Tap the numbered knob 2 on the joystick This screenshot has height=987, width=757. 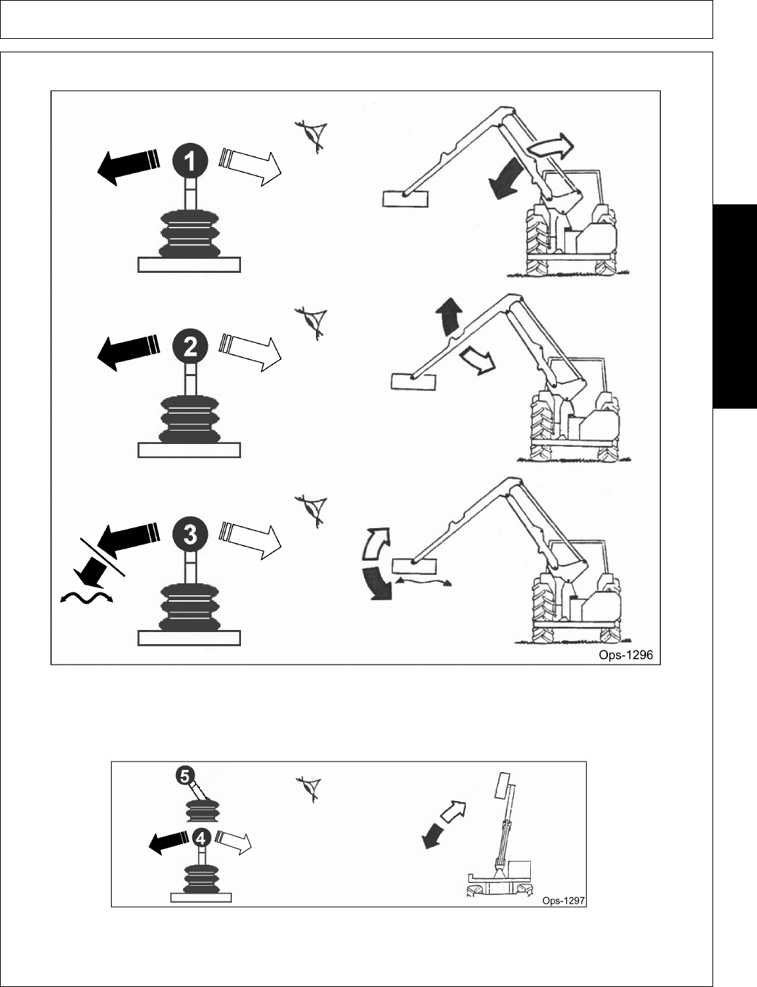tap(189, 346)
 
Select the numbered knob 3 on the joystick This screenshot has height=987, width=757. tap(189, 534)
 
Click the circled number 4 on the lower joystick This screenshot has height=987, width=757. tap(201, 839)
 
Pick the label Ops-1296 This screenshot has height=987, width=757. tap(626, 655)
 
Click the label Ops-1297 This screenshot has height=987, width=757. tap(563, 901)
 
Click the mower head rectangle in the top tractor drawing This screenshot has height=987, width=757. tap(405, 198)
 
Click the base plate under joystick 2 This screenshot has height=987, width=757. tap(189, 450)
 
